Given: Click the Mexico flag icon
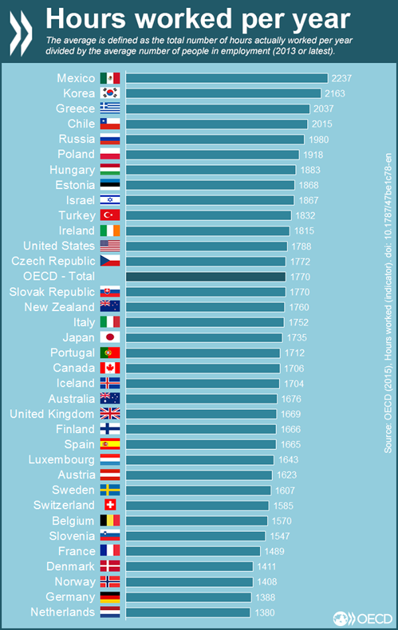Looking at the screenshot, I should coord(109,78).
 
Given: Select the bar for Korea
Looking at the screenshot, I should coord(223,94).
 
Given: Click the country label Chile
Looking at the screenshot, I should coord(81,124).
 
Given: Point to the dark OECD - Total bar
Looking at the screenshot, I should coord(206,277).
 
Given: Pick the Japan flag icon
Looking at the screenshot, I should coord(109,338).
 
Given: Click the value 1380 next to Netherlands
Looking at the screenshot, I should coord(264,612).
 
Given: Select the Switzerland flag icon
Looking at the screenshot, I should coord(109,505).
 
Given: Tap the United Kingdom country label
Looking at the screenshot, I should coord(52,414).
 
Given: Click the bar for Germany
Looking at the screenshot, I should coord(188,597).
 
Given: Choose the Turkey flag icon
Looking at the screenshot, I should coord(109,216).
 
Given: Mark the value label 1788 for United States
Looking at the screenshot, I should coord(301,246).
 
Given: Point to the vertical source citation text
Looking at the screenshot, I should coord(388,302).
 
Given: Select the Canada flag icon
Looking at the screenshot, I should coord(109,368).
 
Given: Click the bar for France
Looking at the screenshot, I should coord(192,551).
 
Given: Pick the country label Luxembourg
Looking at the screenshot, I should coord(62,460).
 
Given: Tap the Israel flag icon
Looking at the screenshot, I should coord(109,200).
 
